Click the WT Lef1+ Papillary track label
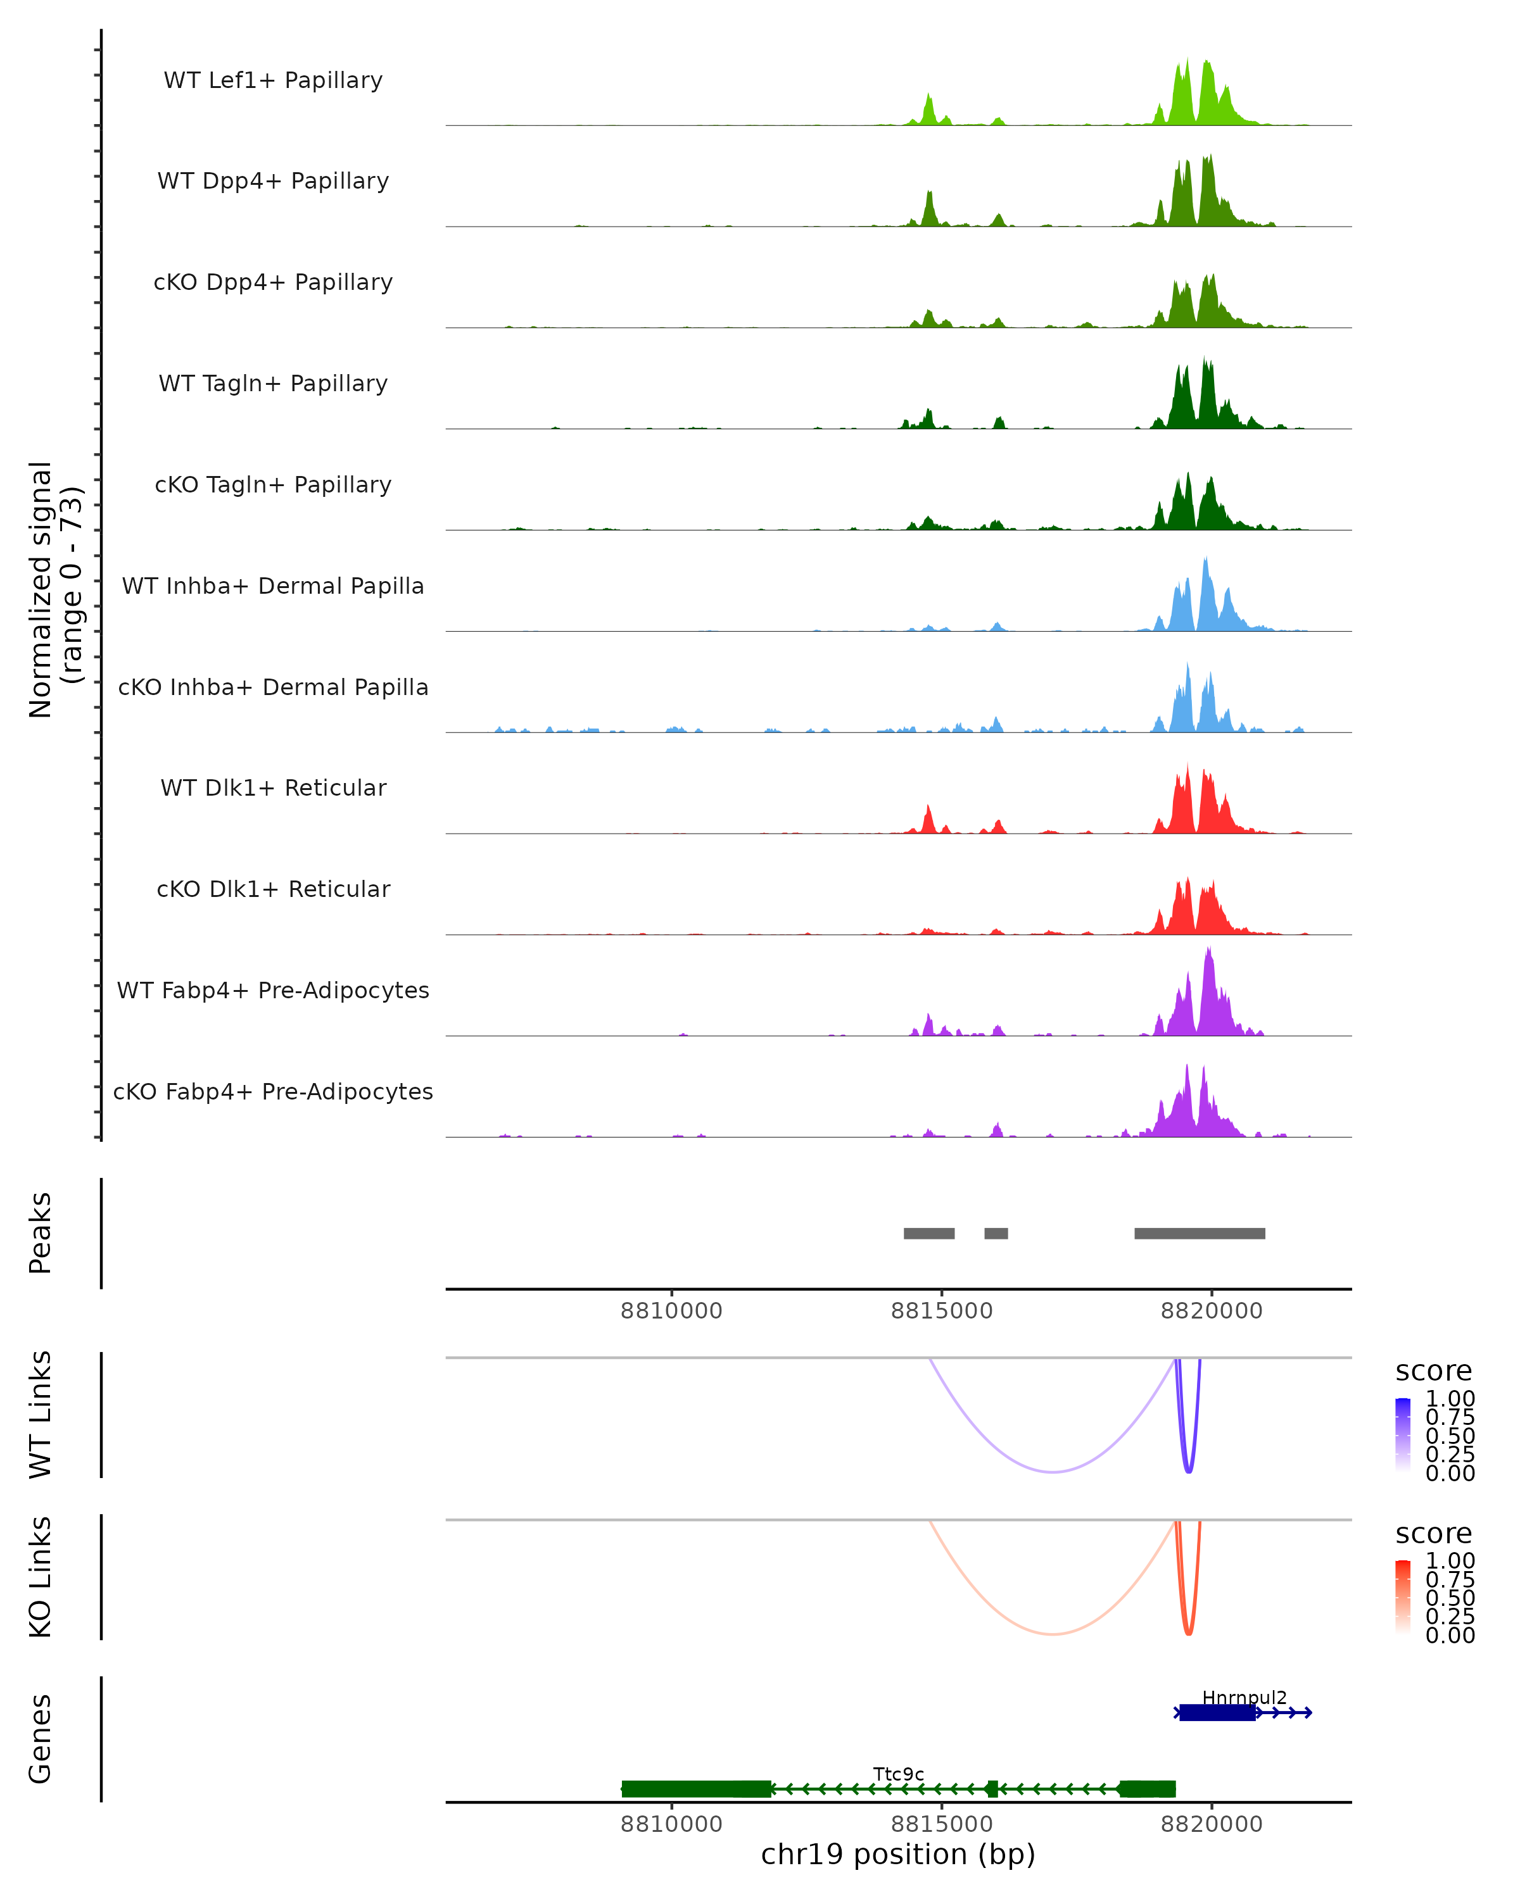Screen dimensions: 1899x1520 tap(273, 80)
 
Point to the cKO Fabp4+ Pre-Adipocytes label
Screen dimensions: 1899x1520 tap(273, 1091)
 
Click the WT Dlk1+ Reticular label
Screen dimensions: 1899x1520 tap(273, 787)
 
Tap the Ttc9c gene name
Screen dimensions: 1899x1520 tap(898, 1774)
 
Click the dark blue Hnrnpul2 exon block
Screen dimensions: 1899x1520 tap(1217, 1712)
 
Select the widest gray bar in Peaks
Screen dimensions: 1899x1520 tap(1200, 1233)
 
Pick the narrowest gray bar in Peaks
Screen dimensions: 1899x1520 tap(996, 1233)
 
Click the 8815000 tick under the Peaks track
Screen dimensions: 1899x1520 tap(941, 1311)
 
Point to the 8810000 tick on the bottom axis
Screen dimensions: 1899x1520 tap(671, 1824)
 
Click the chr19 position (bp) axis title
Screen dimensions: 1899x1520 tap(898, 1855)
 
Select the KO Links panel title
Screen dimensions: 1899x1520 tap(41, 1577)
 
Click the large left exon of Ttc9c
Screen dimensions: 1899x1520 tap(696, 1789)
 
